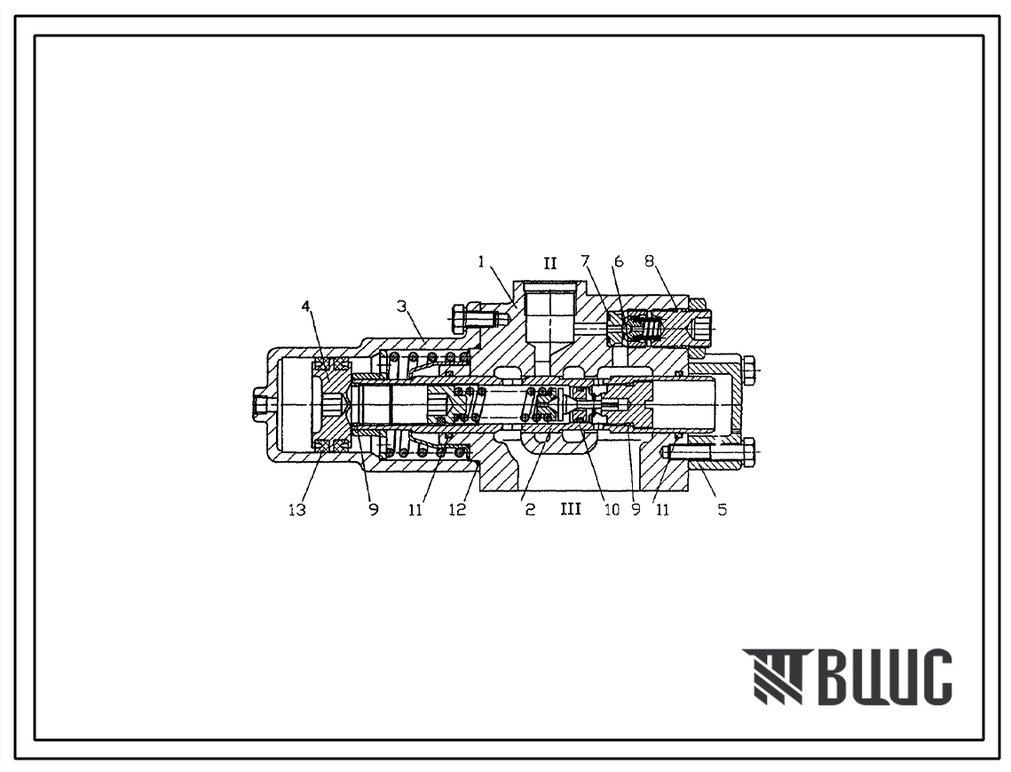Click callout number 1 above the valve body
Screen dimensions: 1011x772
click(x=481, y=261)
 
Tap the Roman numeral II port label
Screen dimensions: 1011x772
click(x=549, y=263)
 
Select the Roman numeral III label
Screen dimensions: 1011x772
click(x=571, y=509)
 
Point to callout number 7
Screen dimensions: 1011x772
click(x=586, y=261)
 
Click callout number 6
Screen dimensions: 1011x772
click(x=619, y=261)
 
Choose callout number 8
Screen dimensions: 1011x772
click(x=649, y=261)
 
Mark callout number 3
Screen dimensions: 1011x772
click(x=402, y=306)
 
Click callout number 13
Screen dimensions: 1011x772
click(x=296, y=510)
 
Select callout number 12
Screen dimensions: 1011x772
click(x=457, y=510)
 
